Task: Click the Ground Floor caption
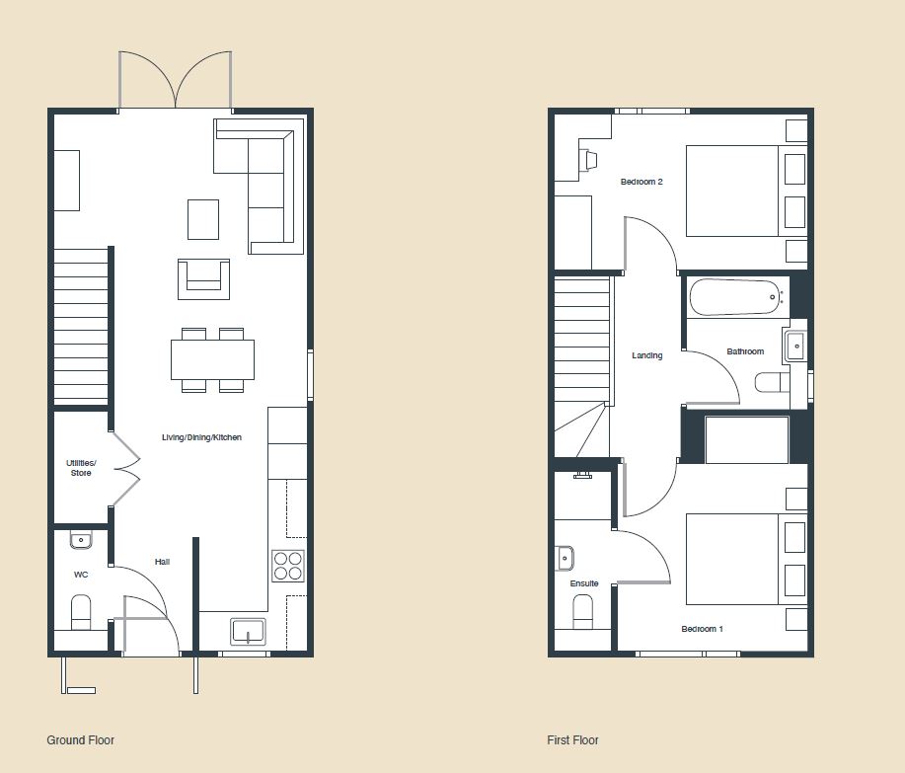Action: [81, 739]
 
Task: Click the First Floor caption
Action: [572, 739]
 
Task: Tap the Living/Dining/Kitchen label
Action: [202, 437]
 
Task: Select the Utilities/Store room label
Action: [81, 467]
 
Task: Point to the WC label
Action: [81, 574]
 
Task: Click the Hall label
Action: [162, 562]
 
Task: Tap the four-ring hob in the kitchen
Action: [288, 566]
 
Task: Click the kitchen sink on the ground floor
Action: [248, 631]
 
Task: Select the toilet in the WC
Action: [81, 612]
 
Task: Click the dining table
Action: [212, 359]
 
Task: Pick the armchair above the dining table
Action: [203, 278]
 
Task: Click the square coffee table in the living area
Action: [203, 219]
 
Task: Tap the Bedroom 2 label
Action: [641, 182]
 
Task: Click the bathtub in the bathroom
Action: [735, 296]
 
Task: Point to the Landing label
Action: [647, 355]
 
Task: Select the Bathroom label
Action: [745, 351]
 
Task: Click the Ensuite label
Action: [584, 583]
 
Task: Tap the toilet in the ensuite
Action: [583, 611]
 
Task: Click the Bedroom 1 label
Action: [702, 629]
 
